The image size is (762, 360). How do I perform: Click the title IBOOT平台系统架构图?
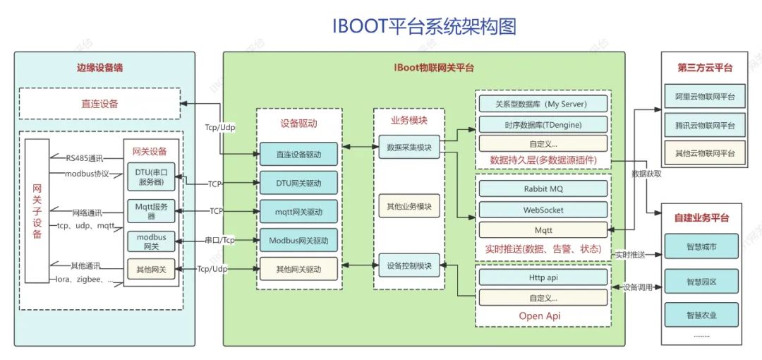[424, 26]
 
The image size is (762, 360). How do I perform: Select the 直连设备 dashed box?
[99, 104]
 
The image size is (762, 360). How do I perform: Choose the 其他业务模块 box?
[409, 206]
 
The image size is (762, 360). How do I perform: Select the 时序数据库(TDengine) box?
[543, 124]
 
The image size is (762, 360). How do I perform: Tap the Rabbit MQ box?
[543, 189]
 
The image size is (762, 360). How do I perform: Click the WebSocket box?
[543, 210]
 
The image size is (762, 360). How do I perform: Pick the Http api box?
[543, 277]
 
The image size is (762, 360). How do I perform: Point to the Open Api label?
[540, 316]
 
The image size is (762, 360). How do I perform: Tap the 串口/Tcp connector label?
[219, 240]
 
